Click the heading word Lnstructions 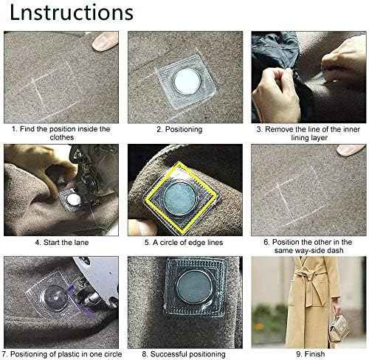(x=72, y=13)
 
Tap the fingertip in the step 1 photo (x=105, y=41)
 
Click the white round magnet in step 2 (x=187, y=82)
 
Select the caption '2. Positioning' (x=179, y=129)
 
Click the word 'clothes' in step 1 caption (x=62, y=137)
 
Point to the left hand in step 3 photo (x=276, y=94)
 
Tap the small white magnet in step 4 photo (x=74, y=199)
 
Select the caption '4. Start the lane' (x=62, y=243)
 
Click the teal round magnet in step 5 (x=179, y=198)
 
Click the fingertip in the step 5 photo (x=142, y=227)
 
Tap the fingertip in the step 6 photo (x=351, y=150)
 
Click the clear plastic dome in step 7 (x=55, y=298)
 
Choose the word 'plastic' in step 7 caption (x=69, y=354)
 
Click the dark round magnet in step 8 (x=194, y=288)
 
